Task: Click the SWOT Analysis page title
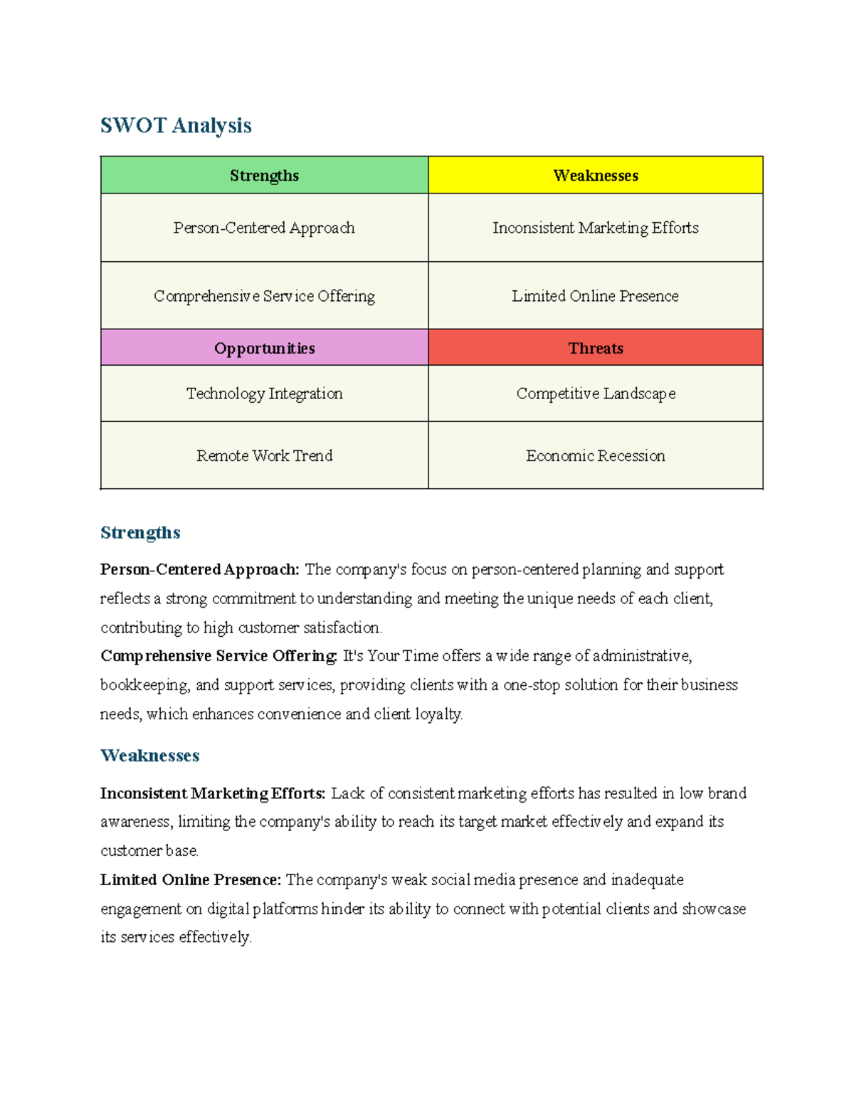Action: click(176, 126)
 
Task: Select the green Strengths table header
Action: click(264, 176)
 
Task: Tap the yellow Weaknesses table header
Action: click(596, 176)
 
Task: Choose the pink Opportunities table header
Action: click(264, 349)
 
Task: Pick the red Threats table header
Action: click(596, 349)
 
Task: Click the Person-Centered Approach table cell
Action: click(264, 228)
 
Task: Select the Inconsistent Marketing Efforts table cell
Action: click(596, 228)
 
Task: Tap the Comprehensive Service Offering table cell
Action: click(264, 296)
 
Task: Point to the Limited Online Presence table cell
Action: click(596, 296)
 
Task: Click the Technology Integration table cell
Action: click(264, 393)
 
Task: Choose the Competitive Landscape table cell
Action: click(596, 393)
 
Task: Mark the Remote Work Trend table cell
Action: click(264, 455)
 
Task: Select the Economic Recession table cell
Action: click(596, 455)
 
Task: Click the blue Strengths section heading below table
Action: click(140, 533)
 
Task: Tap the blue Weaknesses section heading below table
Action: click(149, 756)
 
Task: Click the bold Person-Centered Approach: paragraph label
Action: click(200, 570)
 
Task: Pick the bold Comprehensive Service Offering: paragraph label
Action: click(218, 656)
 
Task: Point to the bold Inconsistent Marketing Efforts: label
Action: click(213, 793)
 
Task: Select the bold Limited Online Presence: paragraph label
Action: click(191, 880)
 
